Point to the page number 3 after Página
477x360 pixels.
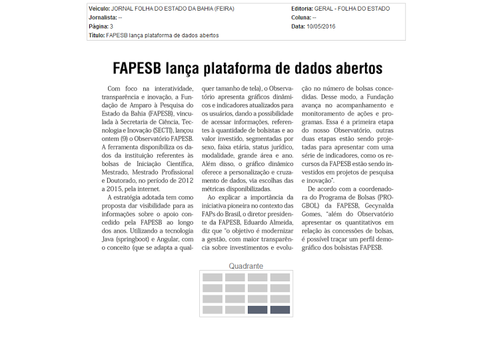pos(111,27)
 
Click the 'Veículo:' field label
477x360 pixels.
pos(99,9)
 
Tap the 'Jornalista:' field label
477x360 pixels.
pos(103,17)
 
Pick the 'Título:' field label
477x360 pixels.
pos(97,35)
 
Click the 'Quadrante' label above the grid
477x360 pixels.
pos(246,266)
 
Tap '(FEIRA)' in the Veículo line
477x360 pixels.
pos(223,9)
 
